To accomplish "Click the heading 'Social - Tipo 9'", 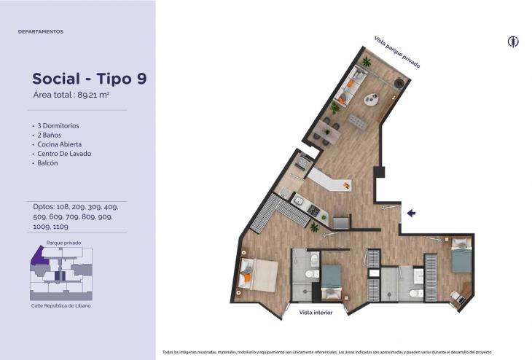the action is (x=90, y=79).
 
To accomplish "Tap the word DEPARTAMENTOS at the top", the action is (x=41, y=31).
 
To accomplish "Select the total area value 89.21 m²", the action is (x=93, y=95).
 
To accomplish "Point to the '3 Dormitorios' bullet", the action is (x=58, y=125).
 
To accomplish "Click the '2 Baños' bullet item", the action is (x=50, y=135).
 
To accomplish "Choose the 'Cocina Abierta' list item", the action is (x=59, y=144).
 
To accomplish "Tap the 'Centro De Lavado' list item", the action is (x=64, y=153).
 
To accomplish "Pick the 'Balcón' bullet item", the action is (x=47, y=163).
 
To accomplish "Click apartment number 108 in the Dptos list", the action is (x=63, y=207).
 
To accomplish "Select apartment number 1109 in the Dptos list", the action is (x=60, y=227).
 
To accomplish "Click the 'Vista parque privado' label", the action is (x=397, y=52).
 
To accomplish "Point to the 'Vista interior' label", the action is (x=316, y=313).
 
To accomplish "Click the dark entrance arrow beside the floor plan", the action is (x=411, y=213).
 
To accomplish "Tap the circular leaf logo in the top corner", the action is (x=513, y=42).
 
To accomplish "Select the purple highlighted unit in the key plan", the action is (x=39, y=257).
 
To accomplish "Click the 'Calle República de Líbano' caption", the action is (x=61, y=306).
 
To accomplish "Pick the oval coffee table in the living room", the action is (x=372, y=99).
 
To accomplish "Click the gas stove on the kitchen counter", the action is (x=313, y=211).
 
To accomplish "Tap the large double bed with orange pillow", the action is (x=259, y=275).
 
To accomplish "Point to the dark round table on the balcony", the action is (x=399, y=83).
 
